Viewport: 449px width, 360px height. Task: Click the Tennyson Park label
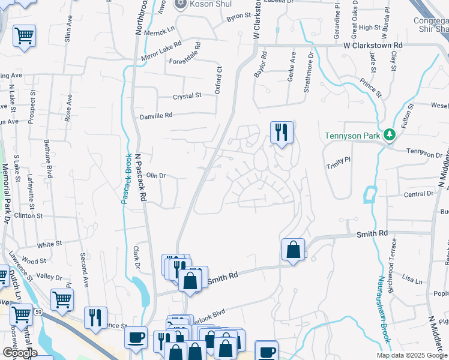[352, 136]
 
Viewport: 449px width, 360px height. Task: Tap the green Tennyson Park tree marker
[389, 134]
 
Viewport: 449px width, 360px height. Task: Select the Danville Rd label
[156, 115]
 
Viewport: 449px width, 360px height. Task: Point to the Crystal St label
[187, 96]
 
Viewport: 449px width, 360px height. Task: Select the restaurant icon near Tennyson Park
[282, 132]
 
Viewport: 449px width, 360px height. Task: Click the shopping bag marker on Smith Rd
[293, 250]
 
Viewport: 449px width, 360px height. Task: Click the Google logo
[20, 353]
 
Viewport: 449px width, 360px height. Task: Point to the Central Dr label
[418, 194]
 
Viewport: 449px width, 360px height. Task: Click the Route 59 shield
[37, 312]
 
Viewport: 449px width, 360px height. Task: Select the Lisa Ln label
[412, 279]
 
